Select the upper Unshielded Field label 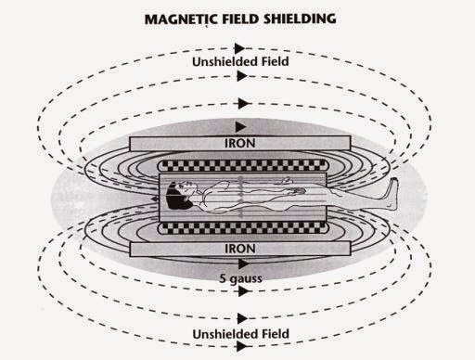[x=240, y=62]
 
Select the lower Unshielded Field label [x=240, y=332]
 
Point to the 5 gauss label [x=240, y=275]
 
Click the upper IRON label [x=240, y=144]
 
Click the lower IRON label [x=240, y=249]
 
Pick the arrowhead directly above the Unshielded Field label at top [x=241, y=45]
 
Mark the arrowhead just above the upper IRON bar [x=241, y=125]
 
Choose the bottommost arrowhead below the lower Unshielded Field [x=241, y=349]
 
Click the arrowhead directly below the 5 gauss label [x=241, y=290]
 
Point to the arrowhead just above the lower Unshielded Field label [x=241, y=315]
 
